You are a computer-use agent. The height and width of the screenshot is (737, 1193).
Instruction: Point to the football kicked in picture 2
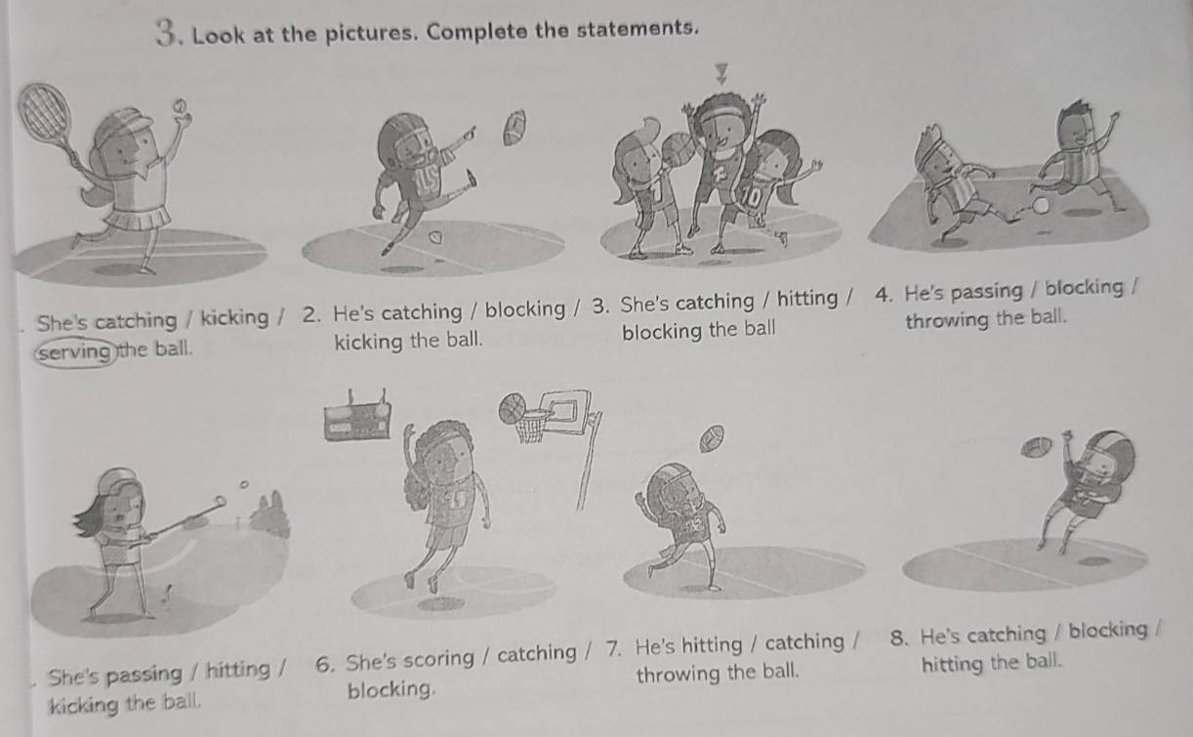514,126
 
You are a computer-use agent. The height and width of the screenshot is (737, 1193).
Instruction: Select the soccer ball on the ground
1040,205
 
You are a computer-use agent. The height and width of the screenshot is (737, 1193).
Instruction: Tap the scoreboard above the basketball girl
357,419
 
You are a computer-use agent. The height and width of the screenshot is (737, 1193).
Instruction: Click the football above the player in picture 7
712,434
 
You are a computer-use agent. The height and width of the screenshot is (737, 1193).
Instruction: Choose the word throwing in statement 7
674,674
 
